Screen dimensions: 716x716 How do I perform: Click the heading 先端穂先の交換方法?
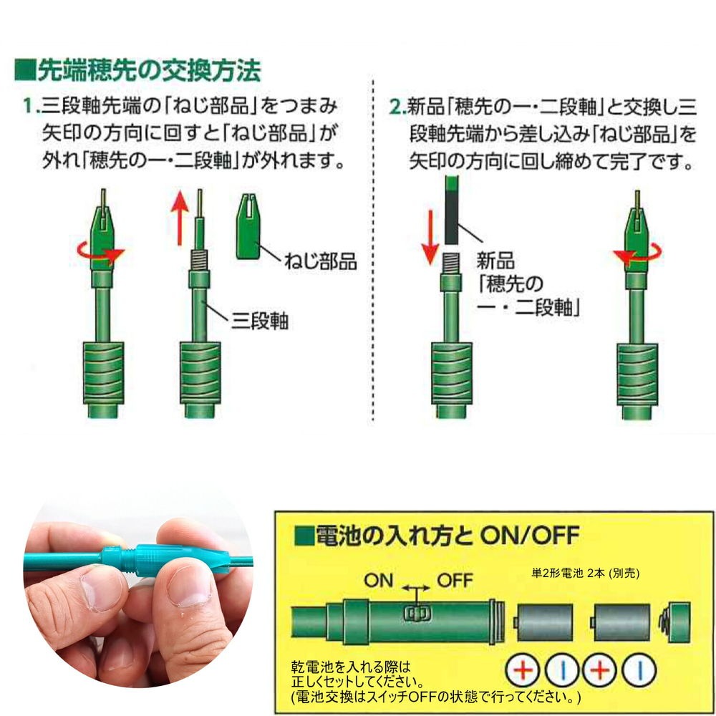coord(149,71)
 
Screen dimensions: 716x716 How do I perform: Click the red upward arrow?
coord(180,218)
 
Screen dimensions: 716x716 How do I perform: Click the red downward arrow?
coord(430,238)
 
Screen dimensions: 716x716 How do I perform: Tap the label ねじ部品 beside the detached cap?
coord(320,261)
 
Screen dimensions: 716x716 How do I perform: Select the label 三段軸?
coord(259,320)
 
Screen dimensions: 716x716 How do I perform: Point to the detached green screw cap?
coord(248,226)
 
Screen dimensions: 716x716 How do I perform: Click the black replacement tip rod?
coord(451,210)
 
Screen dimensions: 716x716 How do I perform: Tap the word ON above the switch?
coord(379,581)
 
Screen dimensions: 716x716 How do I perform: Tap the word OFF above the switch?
coord(455,581)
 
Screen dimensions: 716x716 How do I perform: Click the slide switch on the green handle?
coord(416,614)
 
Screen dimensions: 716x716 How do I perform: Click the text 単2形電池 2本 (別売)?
coord(585,573)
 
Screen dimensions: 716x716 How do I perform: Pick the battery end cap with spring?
coord(674,622)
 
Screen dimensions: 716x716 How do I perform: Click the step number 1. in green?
coord(31,107)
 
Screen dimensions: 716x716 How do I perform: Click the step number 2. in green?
coord(397,107)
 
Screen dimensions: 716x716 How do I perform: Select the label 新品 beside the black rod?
coord(495,261)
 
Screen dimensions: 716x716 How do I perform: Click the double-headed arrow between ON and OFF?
coord(416,588)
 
